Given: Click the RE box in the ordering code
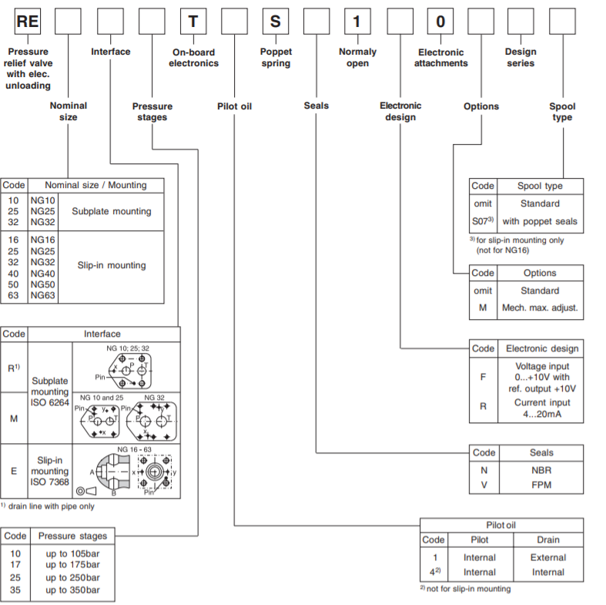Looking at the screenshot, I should click(x=28, y=22).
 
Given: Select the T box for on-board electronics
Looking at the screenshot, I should click(x=193, y=22).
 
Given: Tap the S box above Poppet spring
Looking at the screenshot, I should click(x=275, y=22).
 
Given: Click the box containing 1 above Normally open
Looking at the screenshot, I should click(x=357, y=22).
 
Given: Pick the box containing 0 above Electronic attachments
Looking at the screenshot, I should click(x=440, y=22).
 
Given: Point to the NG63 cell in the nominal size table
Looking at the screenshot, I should click(x=42, y=295).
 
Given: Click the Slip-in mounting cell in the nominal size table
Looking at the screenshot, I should click(x=111, y=265).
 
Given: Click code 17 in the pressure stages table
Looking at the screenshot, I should click(x=15, y=565).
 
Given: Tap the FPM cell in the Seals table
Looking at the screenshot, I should click(x=541, y=485).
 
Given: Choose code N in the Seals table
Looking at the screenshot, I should click(x=484, y=469).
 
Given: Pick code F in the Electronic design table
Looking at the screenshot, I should click(x=484, y=377).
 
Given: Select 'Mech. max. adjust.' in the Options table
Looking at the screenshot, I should click(x=540, y=308).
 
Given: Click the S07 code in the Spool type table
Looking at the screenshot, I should click(x=481, y=221).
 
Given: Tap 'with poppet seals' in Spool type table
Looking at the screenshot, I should click(x=540, y=221).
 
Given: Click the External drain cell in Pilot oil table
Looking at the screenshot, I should click(x=548, y=557).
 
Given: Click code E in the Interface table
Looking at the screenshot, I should click(x=14, y=469).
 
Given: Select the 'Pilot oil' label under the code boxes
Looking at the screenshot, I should click(x=234, y=106).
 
